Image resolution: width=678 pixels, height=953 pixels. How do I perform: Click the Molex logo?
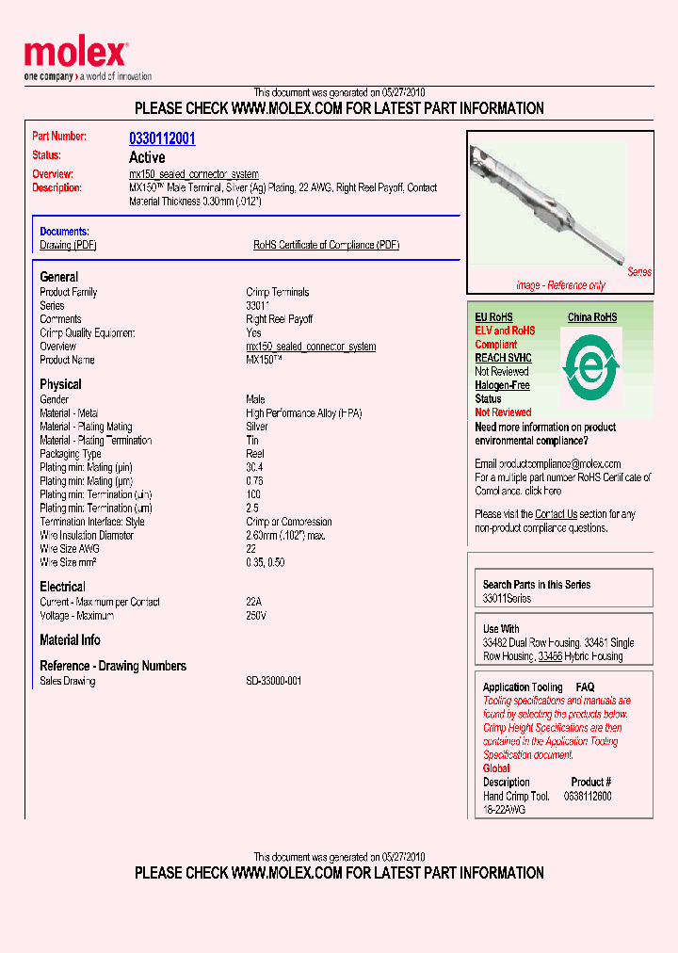click(x=75, y=55)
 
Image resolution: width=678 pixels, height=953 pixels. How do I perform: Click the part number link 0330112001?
click(x=162, y=138)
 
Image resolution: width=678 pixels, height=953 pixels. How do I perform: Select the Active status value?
click(x=147, y=157)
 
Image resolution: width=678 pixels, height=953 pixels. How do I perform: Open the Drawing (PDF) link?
click(x=68, y=245)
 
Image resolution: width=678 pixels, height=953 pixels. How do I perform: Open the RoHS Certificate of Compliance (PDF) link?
click(x=326, y=245)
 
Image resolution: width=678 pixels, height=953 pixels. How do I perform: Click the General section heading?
click(x=59, y=277)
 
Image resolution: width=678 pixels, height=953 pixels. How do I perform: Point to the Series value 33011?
click(x=257, y=306)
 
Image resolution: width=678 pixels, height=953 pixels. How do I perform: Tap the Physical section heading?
click(x=60, y=384)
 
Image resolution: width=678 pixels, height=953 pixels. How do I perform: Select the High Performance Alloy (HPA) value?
click(x=303, y=413)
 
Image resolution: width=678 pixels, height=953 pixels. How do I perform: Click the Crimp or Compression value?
click(x=288, y=522)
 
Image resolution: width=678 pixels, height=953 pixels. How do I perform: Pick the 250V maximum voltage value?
click(x=256, y=616)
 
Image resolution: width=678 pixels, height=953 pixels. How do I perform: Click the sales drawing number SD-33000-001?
click(x=273, y=681)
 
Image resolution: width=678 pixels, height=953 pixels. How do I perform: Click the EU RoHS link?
click(x=494, y=317)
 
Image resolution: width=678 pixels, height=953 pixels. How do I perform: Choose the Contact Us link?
click(x=556, y=514)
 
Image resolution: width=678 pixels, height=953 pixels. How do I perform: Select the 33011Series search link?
click(x=507, y=599)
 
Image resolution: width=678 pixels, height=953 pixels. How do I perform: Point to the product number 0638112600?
click(x=587, y=796)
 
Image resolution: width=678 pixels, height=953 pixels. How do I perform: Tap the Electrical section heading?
click(x=62, y=587)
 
